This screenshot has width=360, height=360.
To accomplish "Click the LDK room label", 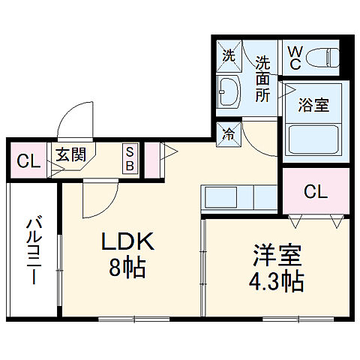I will click(x=128, y=241).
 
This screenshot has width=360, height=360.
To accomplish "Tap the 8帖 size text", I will click(x=128, y=266).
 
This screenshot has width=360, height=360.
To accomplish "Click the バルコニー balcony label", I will click(x=34, y=250).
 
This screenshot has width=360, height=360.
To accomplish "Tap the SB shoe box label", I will click(x=129, y=158).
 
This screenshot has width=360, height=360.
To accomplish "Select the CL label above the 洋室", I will click(x=315, y=192).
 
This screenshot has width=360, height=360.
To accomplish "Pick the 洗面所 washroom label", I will click(x=263, y=77).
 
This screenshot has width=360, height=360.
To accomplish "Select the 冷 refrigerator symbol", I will click(x=228, y=135).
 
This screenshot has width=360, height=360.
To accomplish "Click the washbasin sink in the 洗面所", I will click(x=228, y=92).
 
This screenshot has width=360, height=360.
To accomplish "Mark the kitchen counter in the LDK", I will click(x=238, y=198).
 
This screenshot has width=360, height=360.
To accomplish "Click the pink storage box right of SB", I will click(x=151, y=158).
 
